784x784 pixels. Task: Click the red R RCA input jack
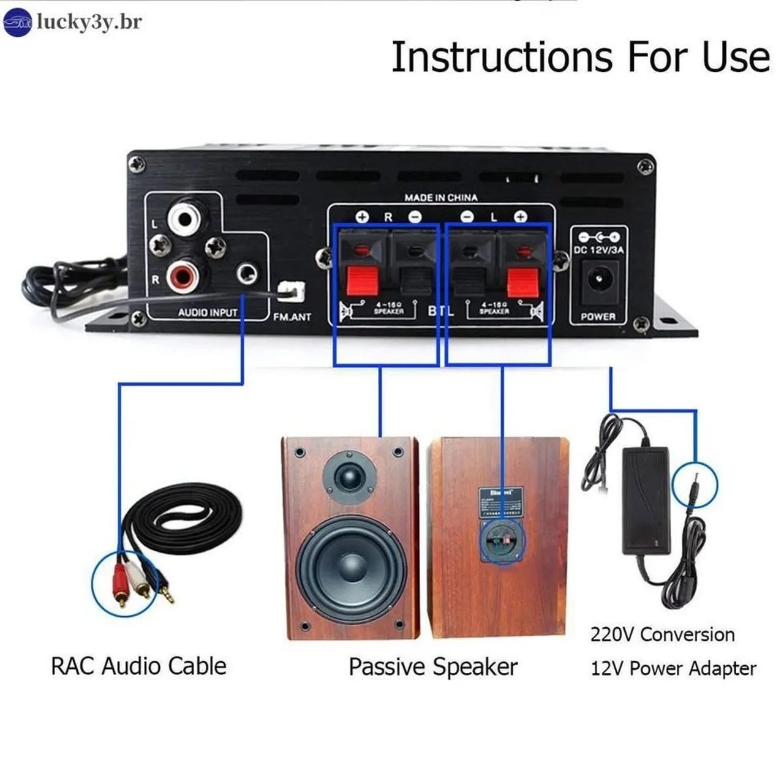[x=183, y=276]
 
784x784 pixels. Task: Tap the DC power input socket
[x=596, y=281]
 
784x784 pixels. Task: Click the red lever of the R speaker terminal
[x=361, y=281]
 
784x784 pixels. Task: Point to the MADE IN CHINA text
[x=440, y=198]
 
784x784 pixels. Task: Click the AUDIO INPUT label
[x=207, y=313]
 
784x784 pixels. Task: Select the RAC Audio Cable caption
[x=138, y=666]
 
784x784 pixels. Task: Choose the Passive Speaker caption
[x=433, y=667]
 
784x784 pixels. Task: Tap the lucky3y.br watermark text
[x=89, y=22]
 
